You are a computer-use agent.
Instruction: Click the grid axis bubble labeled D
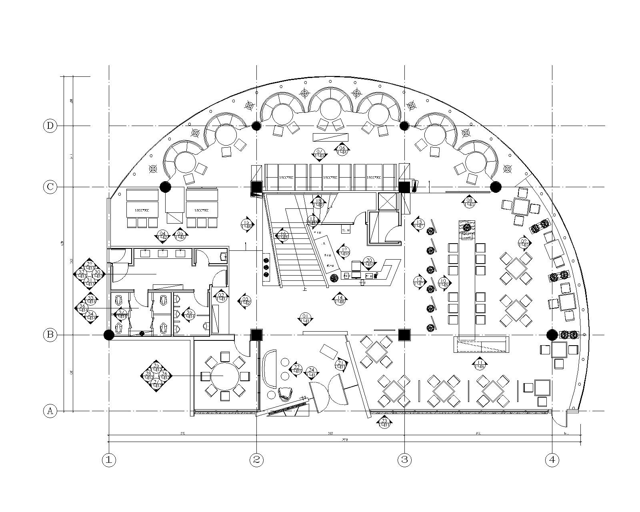pyautogui.click(x=50, y=126)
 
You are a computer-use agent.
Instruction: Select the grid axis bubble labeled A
pyautogui.click(x=50, y=411)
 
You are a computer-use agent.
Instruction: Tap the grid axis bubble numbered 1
pyautogui.click(x=109, y=460)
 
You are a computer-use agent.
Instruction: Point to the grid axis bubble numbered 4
pyautogui.click(x=552, y=460)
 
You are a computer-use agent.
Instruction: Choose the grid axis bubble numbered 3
pyautogui.click(x=404, y=460)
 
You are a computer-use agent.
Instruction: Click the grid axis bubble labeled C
pyautogui.click(x=50, y=187)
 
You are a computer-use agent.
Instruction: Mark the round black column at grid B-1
pyautogui.click(x=109, y=335)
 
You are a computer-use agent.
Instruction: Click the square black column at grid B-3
pyautogui.click(x=404, y=335)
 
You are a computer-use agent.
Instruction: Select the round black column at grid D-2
pyautogui.click(x=256, y=126)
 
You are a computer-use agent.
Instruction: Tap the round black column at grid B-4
pyautogui.click(x=552, y=334)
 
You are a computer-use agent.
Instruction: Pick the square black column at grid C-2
pyautogui.click(x=256, y=187)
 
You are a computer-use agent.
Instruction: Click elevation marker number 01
pyautogui.click(x=305, y=318)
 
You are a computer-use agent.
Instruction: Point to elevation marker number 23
pyautogui.click(x=384, y=422)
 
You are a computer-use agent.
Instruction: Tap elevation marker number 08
pyautogui.click(x=469, y=202)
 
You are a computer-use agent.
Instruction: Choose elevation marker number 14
pyautogui.click(x=340, y=299)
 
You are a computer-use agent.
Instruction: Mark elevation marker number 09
pyautogui.click(x=524, y=242)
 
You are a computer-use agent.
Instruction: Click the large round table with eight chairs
pyautogui.click(x=223, y=376)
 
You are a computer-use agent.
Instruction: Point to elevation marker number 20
pyautogui.click(x=369, y=262)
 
